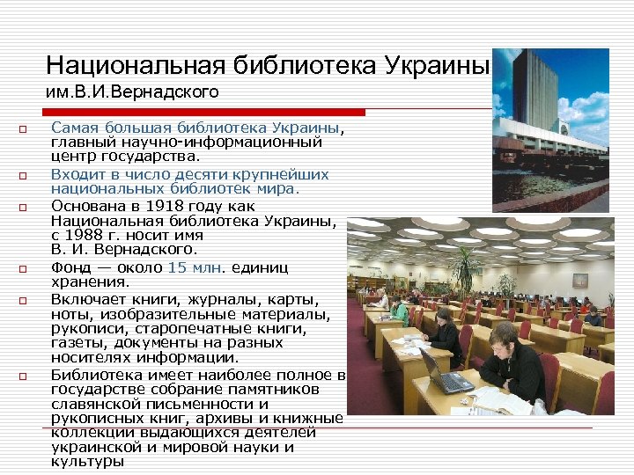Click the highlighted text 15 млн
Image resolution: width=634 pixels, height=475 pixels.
point(194,267)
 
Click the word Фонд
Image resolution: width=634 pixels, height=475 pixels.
point(70,267)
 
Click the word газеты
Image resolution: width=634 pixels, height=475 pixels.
point(76,344)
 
